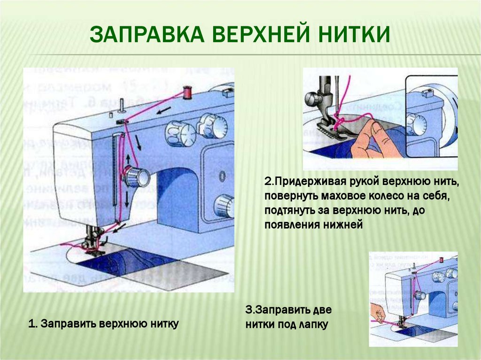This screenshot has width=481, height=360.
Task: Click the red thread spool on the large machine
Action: [x=188, y=92]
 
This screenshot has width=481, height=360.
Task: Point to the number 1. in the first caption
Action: [x=33, y=324]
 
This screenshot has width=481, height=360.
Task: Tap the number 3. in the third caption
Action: [x=250, y=310]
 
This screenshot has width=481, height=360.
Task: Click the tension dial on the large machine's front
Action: [x=135, y=176]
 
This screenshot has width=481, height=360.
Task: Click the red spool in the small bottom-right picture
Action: [x=441, y=260]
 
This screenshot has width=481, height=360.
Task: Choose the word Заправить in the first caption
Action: [x=69, y=324]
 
